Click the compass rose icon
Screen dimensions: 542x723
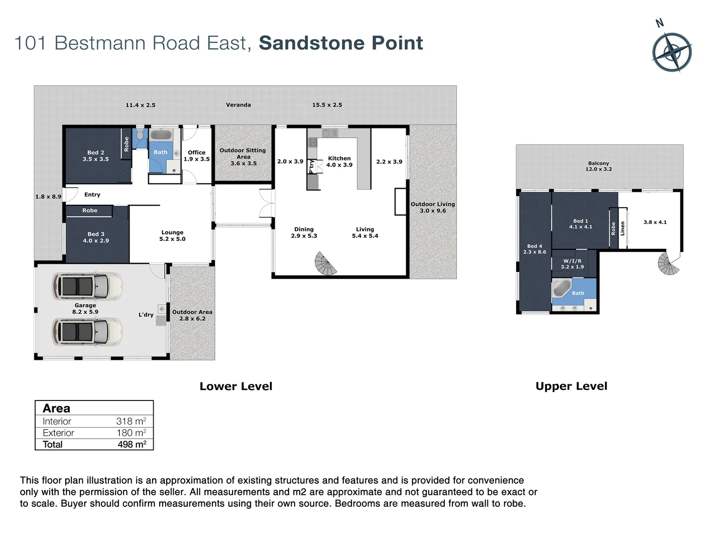coord(672,52)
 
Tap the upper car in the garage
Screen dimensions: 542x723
coord(87,286)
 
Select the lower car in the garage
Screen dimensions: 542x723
coord(87,331)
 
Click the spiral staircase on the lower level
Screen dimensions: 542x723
coord(326,264)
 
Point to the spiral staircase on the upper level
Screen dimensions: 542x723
coord(668,263)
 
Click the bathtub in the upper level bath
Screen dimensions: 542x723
coord(561,290)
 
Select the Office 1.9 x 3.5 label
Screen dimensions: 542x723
coord(196,156)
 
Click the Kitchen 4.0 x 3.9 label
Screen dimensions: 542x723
coord(339,162)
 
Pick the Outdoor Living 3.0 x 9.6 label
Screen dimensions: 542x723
coord(432,207)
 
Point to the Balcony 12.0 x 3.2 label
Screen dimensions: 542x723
coord(598,166)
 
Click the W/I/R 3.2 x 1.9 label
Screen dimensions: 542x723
coord(572,264)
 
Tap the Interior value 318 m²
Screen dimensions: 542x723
coord(131,422)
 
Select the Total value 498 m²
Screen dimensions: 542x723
coord(132,444)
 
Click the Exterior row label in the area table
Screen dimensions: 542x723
coord(58,433)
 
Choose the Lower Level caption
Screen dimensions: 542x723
coord(235,386)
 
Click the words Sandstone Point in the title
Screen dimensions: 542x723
coord(341,43)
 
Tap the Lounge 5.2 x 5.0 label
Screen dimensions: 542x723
coord(172,236)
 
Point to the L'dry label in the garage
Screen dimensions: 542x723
coord(146,315)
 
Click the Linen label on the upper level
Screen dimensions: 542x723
coord(623,229)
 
